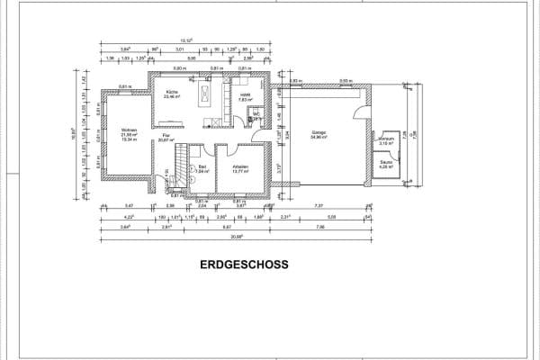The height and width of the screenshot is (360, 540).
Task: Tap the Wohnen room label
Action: pyautogui.click(x=128, y=130)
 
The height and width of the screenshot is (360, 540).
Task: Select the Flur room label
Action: pyautogui.click(x=165, y=136)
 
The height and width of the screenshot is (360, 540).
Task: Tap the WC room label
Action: pyautogui.click(x=255, y=114)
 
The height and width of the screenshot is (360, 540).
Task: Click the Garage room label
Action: pyautogui.click(x=319, y=133)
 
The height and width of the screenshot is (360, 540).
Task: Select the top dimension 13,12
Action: pyautogui.click(x=186, y=41)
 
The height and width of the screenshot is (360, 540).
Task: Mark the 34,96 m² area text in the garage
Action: pyautogui.click(x=319, y=138)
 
